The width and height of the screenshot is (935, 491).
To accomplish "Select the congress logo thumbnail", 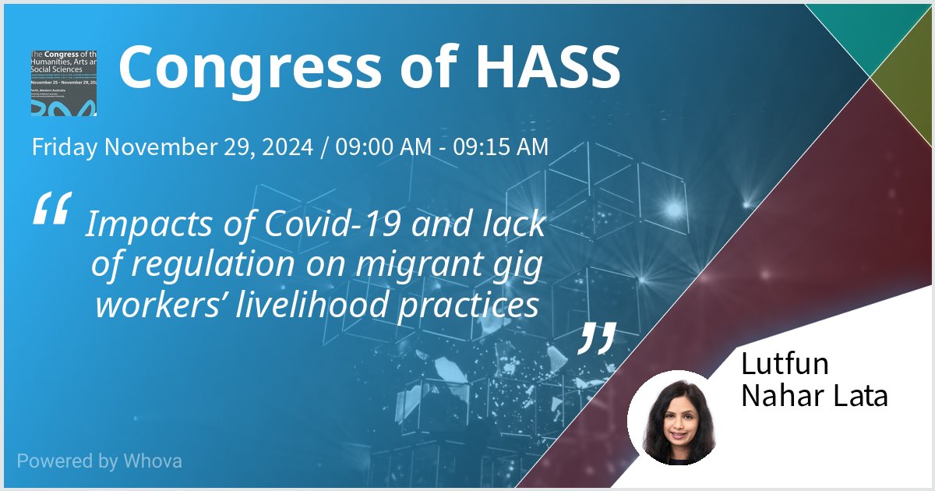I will pyautogui.click(x=64, y=83).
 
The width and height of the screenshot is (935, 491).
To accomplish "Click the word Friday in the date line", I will pyautogui.click(x=65, y=147).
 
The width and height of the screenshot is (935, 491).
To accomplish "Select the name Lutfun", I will pyautogui.click(x=785, y=364).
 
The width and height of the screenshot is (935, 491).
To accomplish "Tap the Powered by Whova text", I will pyautogui.click(x=100, y=461).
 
